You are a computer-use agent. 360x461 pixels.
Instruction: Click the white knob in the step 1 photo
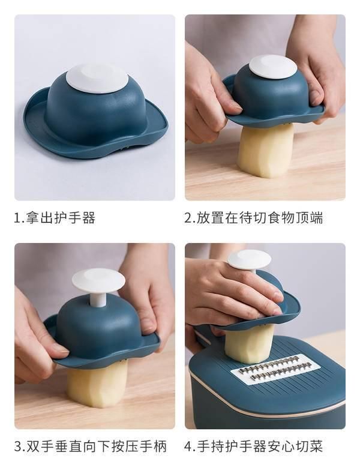97,78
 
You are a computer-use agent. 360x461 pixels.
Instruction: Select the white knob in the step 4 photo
249,259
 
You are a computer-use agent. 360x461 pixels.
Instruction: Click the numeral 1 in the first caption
17,218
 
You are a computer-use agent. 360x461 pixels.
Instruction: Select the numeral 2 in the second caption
188,218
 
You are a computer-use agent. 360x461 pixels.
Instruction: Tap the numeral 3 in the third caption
18,447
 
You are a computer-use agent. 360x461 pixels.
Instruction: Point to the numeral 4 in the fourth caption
188,447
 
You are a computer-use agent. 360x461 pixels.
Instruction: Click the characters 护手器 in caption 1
74,218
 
